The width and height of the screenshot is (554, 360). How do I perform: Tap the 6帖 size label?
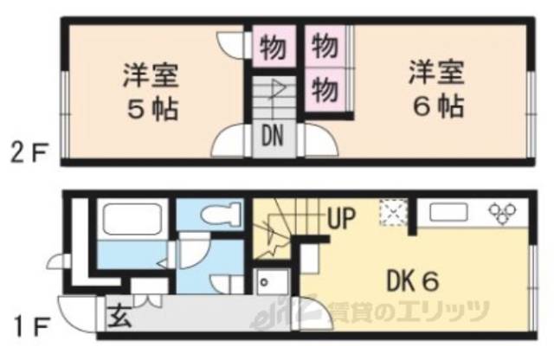click(x=436, y=108)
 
